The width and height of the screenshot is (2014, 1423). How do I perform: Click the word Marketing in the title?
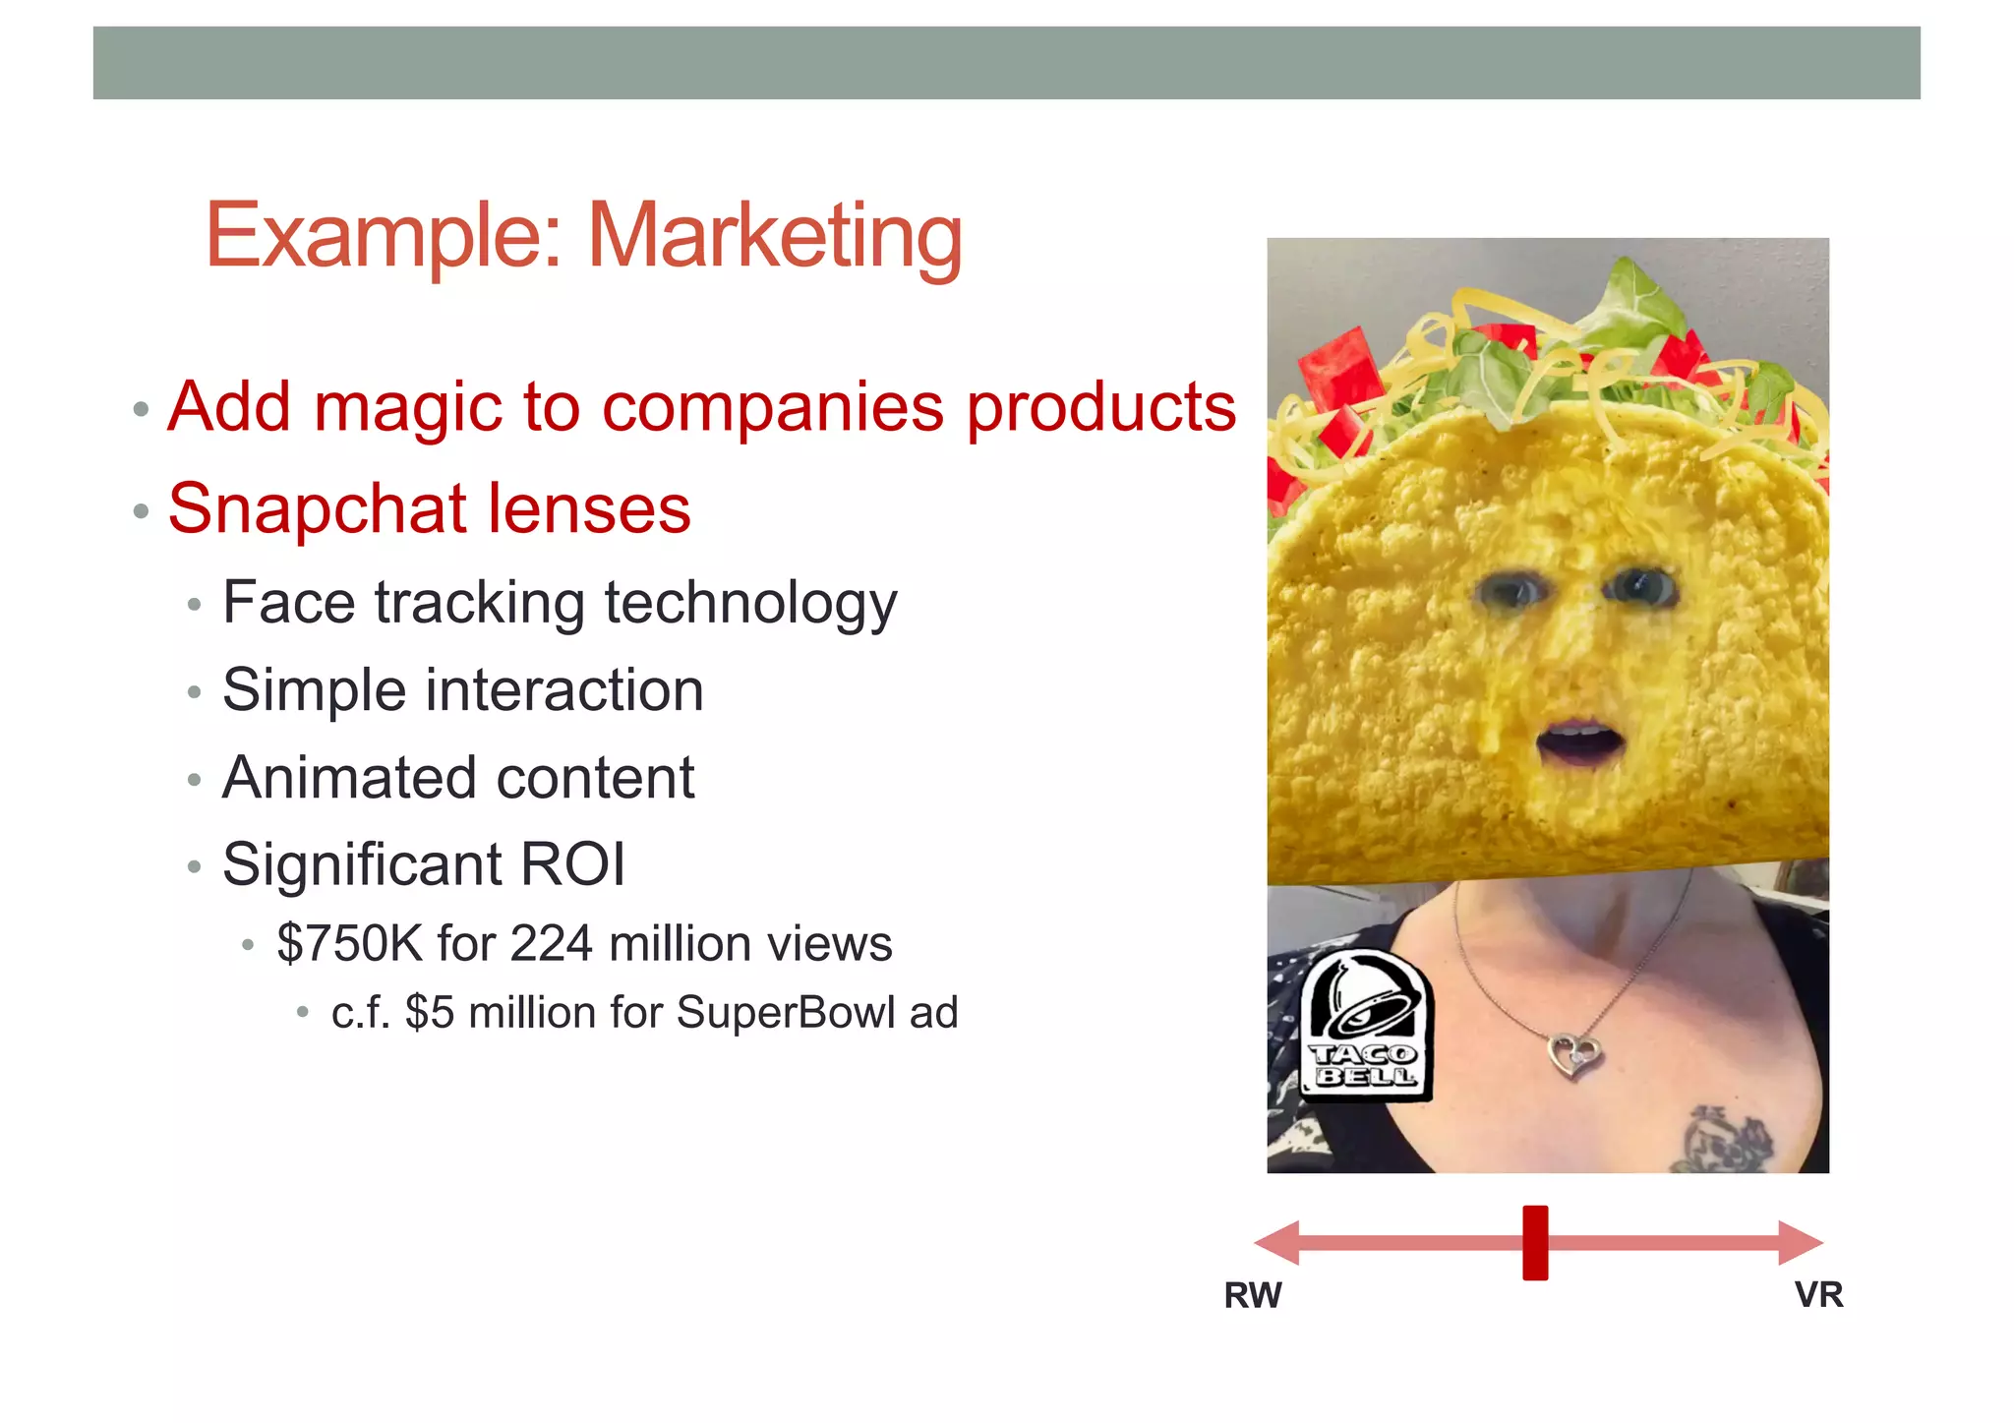[775, 236]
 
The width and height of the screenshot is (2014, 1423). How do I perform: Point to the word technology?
[750, 603]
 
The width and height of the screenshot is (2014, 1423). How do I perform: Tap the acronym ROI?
[572, 864]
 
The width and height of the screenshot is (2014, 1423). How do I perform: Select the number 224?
[552, 944]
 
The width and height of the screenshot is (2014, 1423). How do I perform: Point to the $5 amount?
[431, 1013]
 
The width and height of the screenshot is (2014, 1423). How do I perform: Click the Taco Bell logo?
[1366, 1026]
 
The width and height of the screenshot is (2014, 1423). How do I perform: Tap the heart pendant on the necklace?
[1574, 1056]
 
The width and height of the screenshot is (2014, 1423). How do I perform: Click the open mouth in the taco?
[1579, 742]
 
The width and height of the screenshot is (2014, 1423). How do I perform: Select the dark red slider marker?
[1535, 1243]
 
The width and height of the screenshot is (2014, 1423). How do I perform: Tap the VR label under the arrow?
[1818, 1295]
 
